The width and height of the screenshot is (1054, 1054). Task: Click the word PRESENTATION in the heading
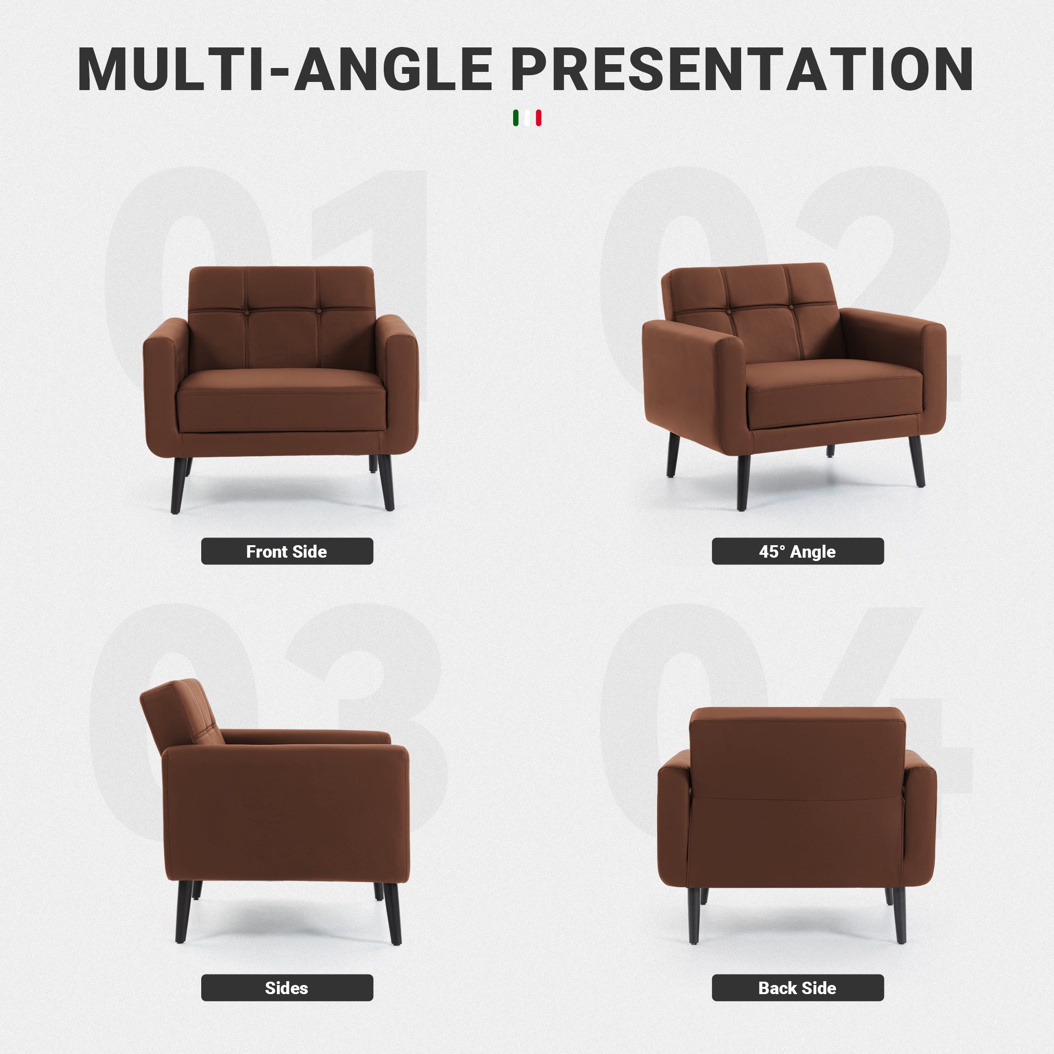(742, 69)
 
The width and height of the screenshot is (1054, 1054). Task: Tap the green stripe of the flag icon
(516, 118)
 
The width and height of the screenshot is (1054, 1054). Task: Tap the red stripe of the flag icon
(538, 118)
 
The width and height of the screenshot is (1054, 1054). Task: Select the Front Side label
(287, 551)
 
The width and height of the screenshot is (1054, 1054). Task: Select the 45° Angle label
(798, 551)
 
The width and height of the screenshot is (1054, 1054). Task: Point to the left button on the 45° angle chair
(729, 311)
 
